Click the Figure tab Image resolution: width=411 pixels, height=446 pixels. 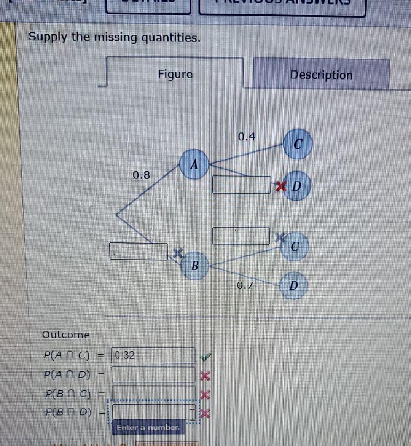pos(175,74)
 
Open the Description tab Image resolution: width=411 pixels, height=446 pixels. pos(321,75)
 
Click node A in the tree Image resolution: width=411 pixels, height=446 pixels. pos(194,164)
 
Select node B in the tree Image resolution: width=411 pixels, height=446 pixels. pos(194,265)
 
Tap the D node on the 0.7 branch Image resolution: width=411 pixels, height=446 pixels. pos(293,285)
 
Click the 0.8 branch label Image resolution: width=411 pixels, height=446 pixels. pos(142,175)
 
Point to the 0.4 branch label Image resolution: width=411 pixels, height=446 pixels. pos(247,136)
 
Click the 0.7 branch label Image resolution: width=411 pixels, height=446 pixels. pos(245,285)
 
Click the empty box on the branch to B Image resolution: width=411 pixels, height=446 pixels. pos(139,251)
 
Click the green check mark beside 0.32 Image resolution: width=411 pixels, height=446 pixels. pos(205,356)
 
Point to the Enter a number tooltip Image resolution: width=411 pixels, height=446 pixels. pos(148,428)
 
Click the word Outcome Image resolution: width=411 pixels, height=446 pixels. pos(66,335)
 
